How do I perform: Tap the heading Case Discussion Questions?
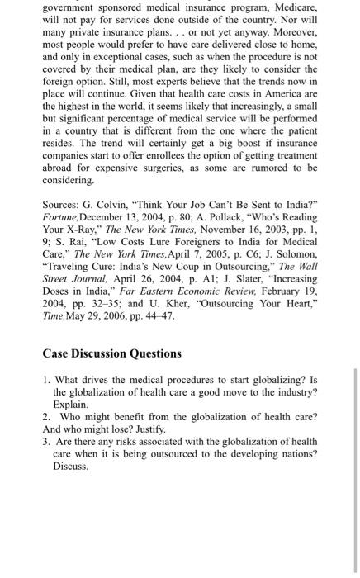click(x=111, y=353)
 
